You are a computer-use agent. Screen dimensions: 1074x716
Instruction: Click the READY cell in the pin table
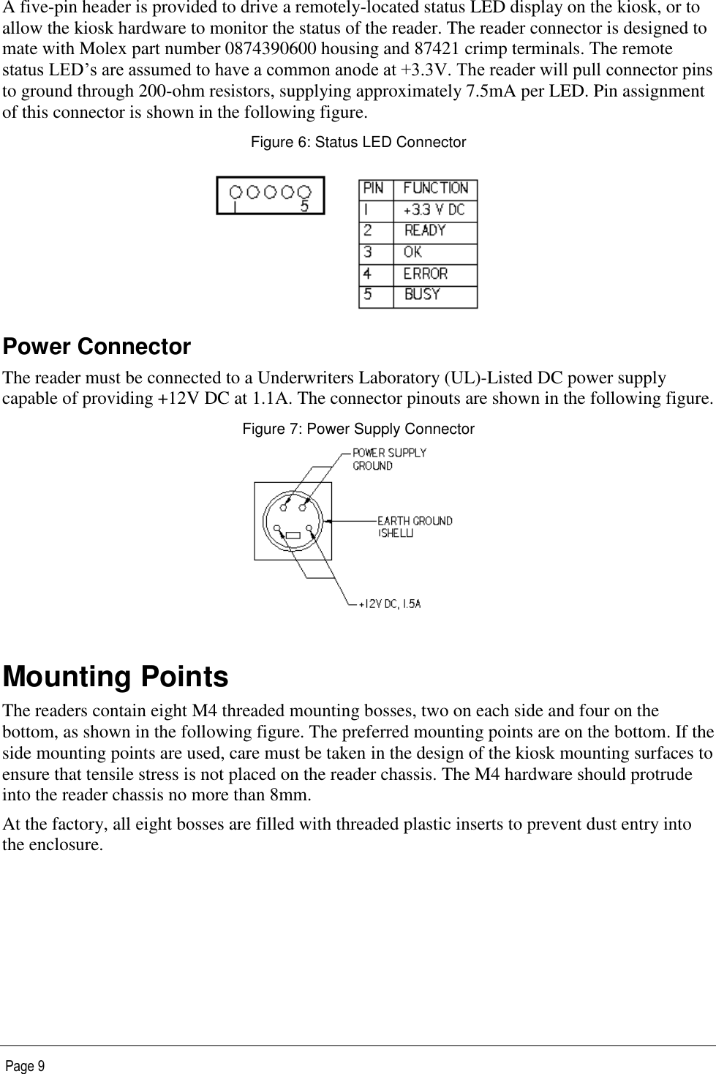click(x=425, y=230)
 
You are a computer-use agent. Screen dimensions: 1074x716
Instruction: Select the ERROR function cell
click(x=425, y=274)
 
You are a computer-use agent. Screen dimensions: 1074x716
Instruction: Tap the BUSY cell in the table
click(x=422, y=295)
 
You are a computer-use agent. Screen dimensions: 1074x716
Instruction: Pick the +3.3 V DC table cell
click(x=434, y=210)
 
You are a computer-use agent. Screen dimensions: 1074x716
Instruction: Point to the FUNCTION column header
click(x=435, y=189)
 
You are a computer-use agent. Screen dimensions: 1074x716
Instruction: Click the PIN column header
click(x=374, y=189)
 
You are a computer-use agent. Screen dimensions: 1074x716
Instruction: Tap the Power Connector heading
click(x=97, y=347)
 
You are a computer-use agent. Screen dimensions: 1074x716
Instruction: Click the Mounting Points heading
click(x=116, y=677)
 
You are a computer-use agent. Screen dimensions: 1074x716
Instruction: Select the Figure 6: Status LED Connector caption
click(x=358, y=142)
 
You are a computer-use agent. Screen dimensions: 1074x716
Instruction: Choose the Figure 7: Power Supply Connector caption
click(x=358, y=429)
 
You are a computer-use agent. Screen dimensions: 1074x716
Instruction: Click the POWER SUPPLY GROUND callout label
click(x=389, y=459)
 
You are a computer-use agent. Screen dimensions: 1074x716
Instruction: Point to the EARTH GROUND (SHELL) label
click(x=414, y=527)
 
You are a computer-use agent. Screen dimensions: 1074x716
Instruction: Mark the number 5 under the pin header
click(x=304, y=207)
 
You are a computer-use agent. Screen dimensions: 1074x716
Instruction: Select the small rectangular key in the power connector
click(x=293, y=536)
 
